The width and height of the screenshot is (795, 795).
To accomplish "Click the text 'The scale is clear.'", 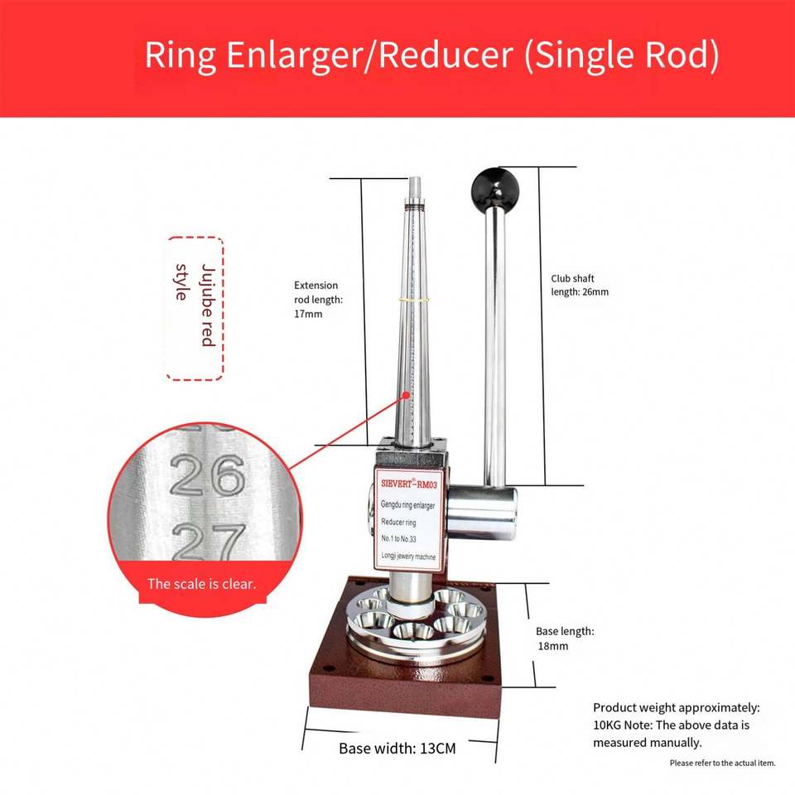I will tap(202, 584).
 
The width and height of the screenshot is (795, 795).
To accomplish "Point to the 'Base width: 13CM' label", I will tap(397, 749).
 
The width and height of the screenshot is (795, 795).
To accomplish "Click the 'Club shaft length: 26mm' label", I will tap(580, 285).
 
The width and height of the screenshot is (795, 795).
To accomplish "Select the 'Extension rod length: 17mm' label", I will tap(318, 300).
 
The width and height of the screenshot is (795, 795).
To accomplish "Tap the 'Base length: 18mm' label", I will tap(565, 638).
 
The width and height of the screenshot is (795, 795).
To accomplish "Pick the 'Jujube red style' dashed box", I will tap(195, 308).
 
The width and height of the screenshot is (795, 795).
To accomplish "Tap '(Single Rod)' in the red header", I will tap(622, 55).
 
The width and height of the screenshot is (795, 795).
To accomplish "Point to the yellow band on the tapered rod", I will tap(412, 300).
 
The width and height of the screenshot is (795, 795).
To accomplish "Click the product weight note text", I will tap(676, 725).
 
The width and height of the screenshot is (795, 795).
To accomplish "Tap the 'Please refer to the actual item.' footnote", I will tap(722, 763).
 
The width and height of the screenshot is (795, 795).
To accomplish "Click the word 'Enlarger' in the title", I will tap(295, 55).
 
